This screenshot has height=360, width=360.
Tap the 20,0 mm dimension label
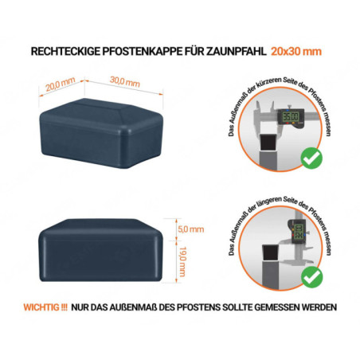click(x=54, y=82)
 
